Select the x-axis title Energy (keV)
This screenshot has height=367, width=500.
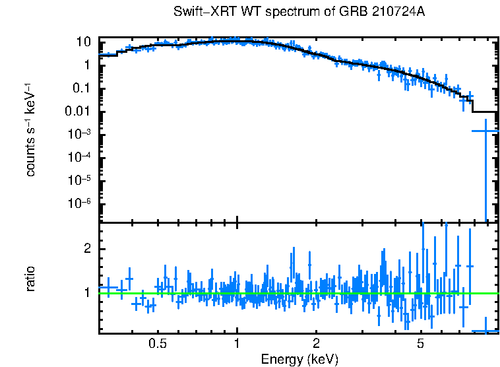pos(299,359)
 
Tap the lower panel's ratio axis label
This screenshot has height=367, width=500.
pos(30,278)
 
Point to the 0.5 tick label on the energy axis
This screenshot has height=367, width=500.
pos(157,343)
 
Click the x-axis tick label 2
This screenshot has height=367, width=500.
pos(316,343)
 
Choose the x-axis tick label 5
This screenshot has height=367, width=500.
pos(421,343)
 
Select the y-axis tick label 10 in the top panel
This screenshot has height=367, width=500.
pos(83,42)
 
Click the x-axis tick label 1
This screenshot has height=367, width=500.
pos(237,343)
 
